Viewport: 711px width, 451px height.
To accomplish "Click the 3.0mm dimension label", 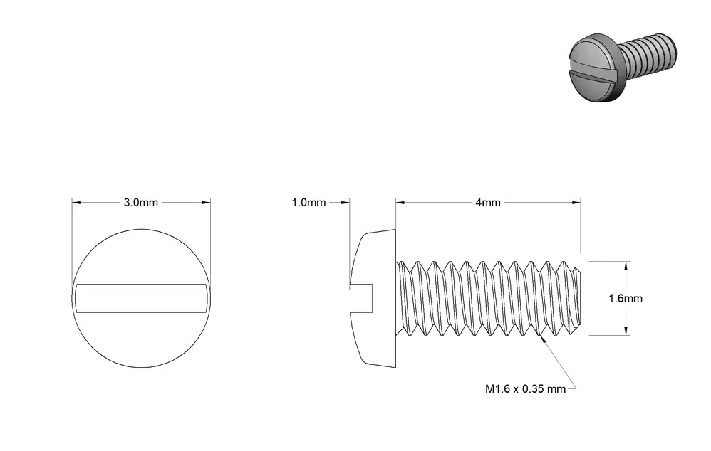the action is click(140, 203).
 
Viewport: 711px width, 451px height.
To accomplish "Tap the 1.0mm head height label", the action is click(308, 203).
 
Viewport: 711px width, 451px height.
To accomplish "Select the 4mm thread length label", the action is click(488, 203).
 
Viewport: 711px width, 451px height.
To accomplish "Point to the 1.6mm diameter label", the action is click(626, 298).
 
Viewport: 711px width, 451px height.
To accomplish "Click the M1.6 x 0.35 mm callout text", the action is click(526, 389).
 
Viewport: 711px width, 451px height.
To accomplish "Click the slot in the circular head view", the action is click(142, 298).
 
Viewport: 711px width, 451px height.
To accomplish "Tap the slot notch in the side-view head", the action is click(361, 298).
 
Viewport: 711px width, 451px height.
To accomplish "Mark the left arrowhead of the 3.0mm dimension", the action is click(76, 203).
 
